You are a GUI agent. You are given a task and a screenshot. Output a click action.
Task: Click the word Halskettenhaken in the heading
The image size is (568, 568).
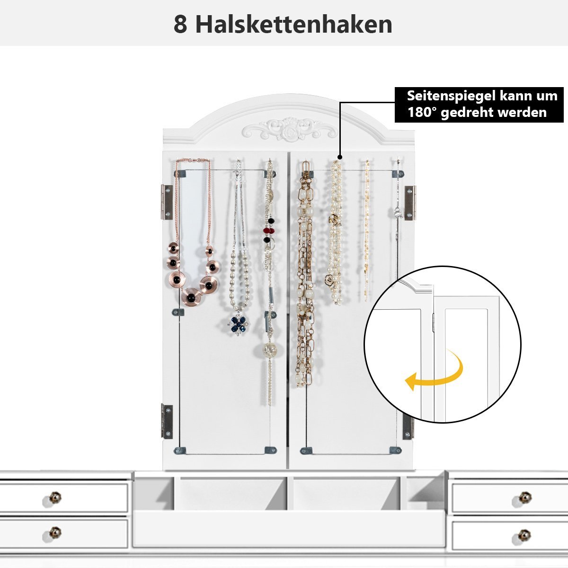[x=293, y=25]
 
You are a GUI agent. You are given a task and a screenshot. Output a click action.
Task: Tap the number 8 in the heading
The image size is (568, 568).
[x=180, y=25]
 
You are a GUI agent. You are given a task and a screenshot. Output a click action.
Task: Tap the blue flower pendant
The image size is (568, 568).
[x=239, y=325]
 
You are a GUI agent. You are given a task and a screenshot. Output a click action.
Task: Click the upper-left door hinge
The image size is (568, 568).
[x=167, y=202]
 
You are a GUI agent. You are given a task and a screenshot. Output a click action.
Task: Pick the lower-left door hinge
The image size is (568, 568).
[x=167, y=422]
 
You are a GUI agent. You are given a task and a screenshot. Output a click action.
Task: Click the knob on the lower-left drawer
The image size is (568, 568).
[x=55, y=533]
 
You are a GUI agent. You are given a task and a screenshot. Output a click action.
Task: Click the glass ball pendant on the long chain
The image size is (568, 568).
[x=270, y=350]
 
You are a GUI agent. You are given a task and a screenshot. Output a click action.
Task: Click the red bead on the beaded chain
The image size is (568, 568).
[x=270, y=230]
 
